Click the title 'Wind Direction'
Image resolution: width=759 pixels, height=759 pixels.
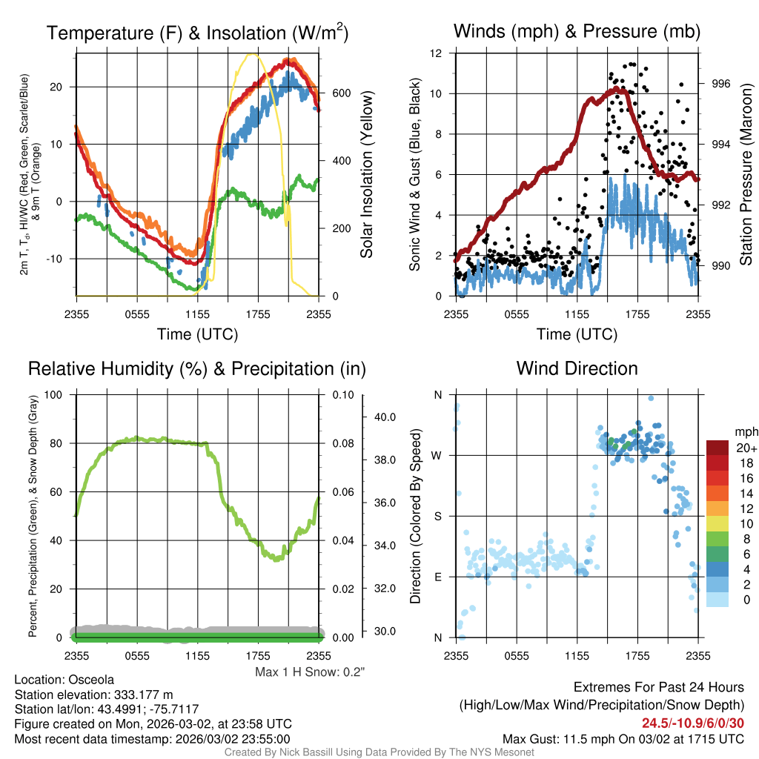coord(577,368)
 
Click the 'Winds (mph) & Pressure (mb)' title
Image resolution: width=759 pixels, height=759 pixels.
coord(577,31)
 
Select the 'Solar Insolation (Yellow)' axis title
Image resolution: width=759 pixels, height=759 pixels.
coord(366,175)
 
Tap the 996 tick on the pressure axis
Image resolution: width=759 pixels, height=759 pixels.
coord(720,84)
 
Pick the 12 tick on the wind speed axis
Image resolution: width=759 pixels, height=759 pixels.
coord(436,53)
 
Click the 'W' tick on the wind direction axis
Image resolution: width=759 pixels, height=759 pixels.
coord(437,455)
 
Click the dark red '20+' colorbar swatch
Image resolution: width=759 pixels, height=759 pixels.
coord(719,448)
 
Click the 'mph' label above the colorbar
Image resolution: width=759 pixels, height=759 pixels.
coord(744,431)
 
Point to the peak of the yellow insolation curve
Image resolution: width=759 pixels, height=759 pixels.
coord(253,53)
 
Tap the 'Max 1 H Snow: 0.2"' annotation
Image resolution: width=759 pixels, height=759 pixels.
coord(311,672)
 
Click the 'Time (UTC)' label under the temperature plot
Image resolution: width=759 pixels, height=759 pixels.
coord(198,334)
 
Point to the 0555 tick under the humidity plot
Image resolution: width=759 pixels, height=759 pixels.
coord(137,655)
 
